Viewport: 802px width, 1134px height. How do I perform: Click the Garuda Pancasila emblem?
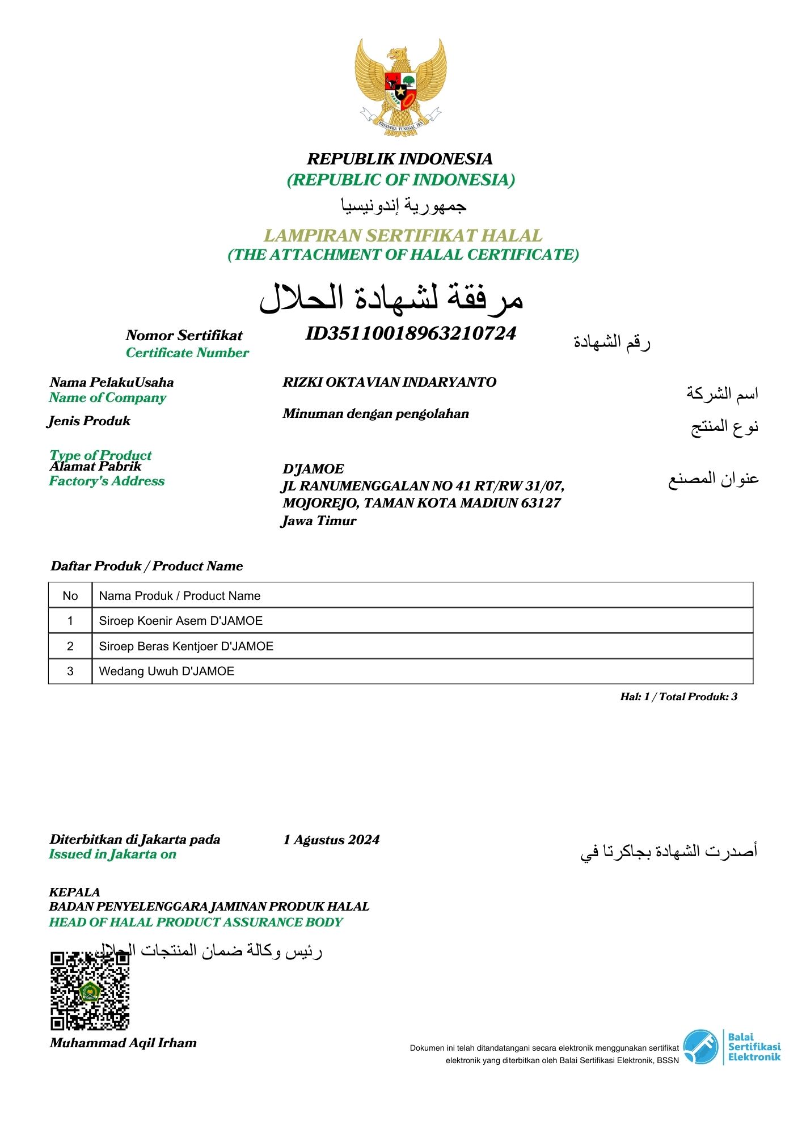point(400,87)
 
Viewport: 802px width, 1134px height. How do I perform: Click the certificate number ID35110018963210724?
point(411,333)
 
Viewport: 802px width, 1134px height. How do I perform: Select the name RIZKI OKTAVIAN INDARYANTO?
point(389,382)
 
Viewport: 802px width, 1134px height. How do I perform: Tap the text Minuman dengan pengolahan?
point(375,413)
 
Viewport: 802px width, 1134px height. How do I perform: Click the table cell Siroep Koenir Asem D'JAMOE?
point(180,621)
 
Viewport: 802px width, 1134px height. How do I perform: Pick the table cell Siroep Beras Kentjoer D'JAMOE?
point(186,646)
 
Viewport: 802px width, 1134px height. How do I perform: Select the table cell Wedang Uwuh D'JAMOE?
point(166,671)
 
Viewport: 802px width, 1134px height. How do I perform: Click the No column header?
point(70,596)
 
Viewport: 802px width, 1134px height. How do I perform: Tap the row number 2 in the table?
point(70,646)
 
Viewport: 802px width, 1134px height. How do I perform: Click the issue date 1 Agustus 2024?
point(331,840)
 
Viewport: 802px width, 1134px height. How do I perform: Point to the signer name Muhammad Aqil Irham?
point(123,1043)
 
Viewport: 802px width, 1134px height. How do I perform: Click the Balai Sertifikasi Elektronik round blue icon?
point(700,1047)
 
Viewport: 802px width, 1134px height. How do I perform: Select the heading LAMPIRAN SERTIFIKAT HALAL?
point(403,235)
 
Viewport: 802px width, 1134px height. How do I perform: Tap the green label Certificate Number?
point(187,353)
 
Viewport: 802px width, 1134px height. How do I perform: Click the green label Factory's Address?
point(107,481)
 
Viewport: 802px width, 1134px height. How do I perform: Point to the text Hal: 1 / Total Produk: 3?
point(678,697)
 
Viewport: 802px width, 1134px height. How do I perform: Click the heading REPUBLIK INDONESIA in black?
point(400,159)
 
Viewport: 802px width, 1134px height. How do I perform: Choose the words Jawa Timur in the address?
point(319,521)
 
